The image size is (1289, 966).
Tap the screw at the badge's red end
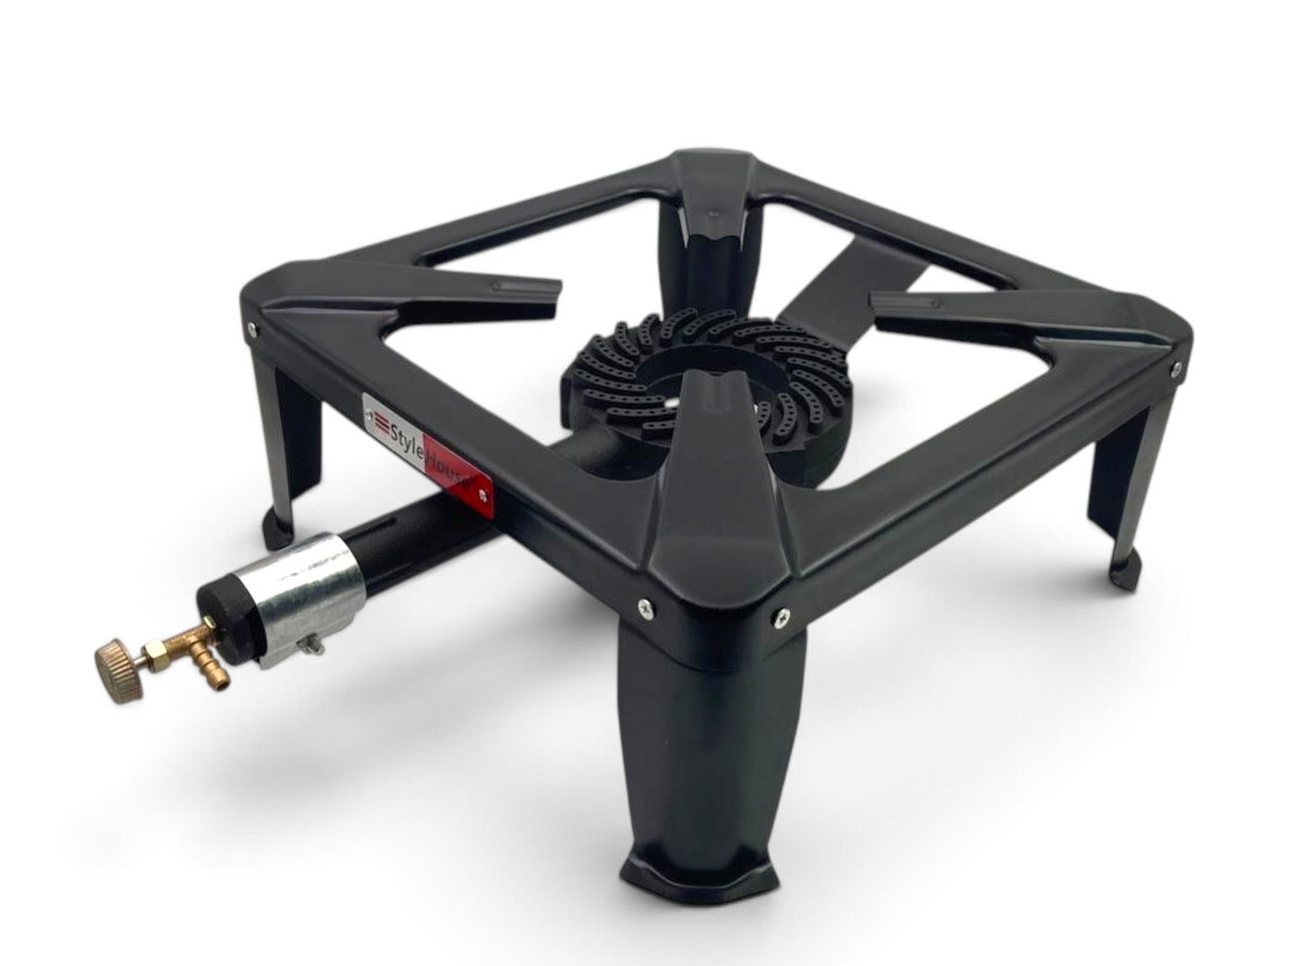pos(483,494)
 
